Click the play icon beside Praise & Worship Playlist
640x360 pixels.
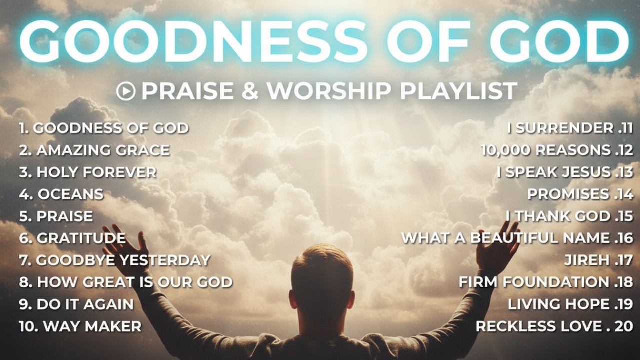(x=125, y=91)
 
